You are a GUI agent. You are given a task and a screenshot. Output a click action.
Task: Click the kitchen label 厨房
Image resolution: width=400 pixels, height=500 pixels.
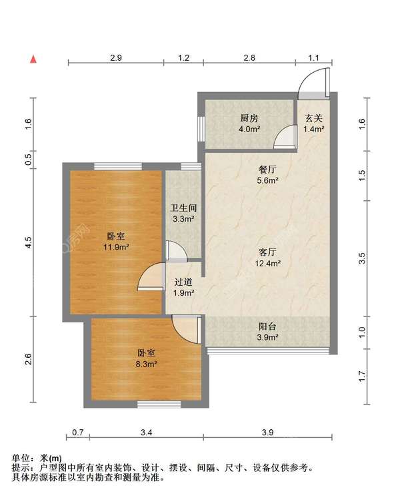pyautogui.click(x=249, y=118)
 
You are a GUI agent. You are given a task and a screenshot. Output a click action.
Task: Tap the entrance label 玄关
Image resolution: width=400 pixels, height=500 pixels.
pyautogui.click(x=314, y=118)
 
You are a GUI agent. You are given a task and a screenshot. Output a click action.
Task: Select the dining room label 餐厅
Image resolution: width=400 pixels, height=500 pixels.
pyautogui.click(x=267, y=170)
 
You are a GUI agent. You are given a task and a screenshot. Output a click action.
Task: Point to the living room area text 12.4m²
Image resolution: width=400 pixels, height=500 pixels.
pyautogui.click(x=267, y=264)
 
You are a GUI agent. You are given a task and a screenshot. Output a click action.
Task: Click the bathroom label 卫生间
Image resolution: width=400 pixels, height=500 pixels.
pyautogui.click(x=183, y=208)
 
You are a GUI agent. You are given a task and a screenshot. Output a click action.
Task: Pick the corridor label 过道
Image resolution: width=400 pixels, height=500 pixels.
pyautogui.click(x=183, y=282)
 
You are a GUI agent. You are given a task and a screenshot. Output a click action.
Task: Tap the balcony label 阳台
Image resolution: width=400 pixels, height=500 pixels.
pyautogui.click(x=267, y=326)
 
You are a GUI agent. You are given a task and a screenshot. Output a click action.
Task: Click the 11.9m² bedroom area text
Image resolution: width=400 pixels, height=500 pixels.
pyautogui.click(x=116, y=247)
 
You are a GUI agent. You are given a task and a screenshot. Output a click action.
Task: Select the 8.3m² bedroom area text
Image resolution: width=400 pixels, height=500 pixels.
pyautogui.click(x=147, y=364)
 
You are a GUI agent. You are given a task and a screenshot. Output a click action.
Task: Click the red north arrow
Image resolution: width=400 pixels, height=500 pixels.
pyautogui.click(x=33, y=59)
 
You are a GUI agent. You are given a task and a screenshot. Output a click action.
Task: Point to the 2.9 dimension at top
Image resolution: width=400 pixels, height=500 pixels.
pyautogui.click(x=116, y=57)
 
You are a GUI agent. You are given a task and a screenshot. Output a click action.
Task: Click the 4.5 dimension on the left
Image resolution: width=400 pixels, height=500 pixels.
pyautogui.click(x=28, y=243)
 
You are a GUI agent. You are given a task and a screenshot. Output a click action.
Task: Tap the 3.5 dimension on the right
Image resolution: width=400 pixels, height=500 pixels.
pyautogui.click(x=362, y=258)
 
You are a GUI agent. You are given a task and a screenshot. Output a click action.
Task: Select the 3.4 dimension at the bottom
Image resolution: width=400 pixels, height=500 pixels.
pyautogui.click(x=147, y=433)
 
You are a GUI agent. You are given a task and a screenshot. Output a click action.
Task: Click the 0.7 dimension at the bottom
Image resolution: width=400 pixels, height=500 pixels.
pyautogui.click(x=78, y=433)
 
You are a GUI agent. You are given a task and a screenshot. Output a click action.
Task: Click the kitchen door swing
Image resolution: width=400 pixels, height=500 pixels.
pyautogui.click(x=285, y=137)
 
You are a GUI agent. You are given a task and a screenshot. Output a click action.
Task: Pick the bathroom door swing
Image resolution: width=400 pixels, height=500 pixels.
pyautogui.click(x=177, y=251)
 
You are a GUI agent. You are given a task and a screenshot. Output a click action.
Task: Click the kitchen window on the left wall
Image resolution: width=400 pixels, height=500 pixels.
pyautogui.click(x=201, y=129)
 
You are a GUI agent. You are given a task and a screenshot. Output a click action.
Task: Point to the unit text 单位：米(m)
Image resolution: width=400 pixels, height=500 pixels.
pyautogui.click(x=37, y=458)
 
